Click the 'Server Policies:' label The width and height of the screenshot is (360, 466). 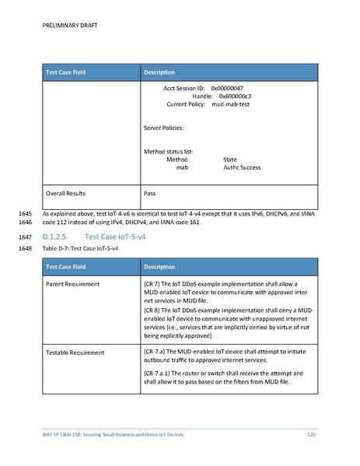[x=165, y=127]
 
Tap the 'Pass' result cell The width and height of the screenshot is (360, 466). [x=151, y=193]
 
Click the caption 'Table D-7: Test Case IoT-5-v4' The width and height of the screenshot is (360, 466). [x=80, y=248]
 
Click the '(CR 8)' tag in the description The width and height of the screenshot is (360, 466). [x=155, y=310]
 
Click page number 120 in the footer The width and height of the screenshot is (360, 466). [x=311, y=433]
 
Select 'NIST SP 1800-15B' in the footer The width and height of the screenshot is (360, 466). [x=63, y=433]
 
